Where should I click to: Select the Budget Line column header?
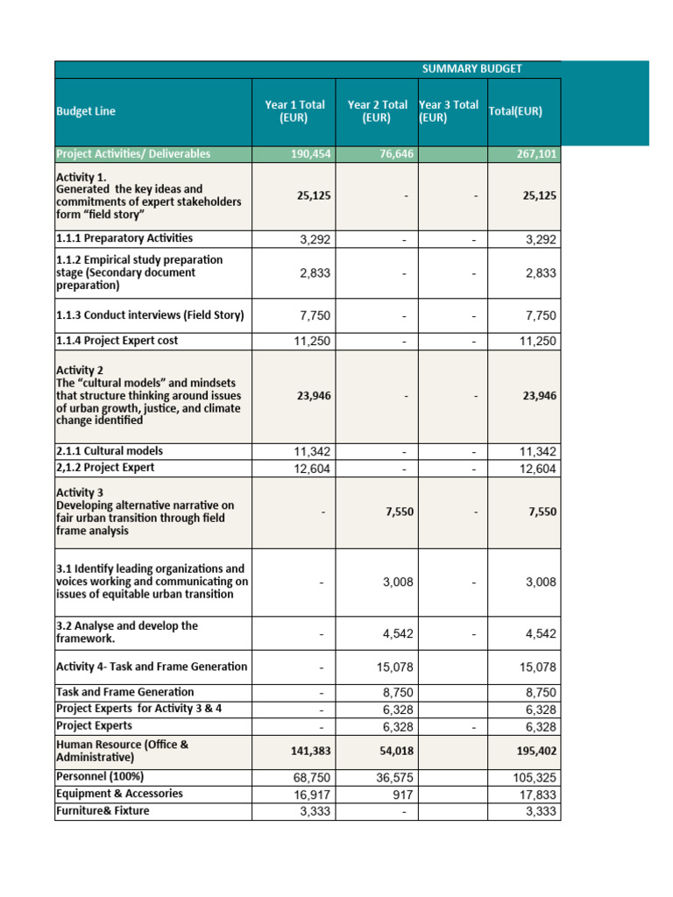(86, 111)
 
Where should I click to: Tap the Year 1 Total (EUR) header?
(294, 111)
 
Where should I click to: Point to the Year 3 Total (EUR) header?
(449, 111)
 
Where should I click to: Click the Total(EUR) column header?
(515, 111)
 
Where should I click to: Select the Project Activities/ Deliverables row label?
(133, 153)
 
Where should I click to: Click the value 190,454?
(310, 154)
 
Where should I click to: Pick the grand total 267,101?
(535, 154)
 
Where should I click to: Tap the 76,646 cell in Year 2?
(393, 154)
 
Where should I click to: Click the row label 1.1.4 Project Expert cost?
(124, 340)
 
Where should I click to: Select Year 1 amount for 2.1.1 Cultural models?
(312, 451)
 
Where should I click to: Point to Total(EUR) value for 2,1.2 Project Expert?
(537, 468)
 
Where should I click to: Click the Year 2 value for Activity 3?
(400, 512)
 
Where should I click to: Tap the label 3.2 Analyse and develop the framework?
(127, 632)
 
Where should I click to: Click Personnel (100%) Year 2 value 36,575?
(396, 777)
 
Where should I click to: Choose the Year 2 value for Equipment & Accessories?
(403, 794)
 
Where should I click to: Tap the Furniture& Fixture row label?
(103, 810)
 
